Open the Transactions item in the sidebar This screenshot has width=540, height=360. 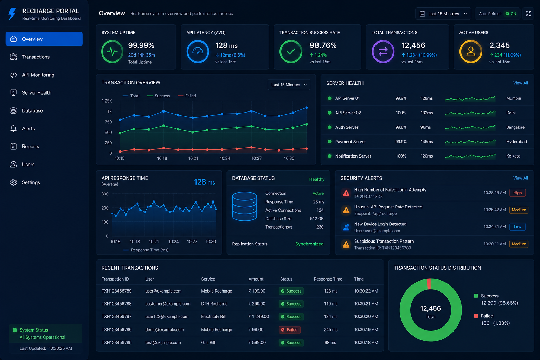[x=36, y=57]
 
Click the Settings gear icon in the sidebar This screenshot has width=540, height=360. [x=13, y=182]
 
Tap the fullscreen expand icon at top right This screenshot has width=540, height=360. [x=528, y=14]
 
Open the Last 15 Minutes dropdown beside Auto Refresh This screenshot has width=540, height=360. [x=443, y=14]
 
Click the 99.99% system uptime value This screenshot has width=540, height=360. [x=141, y=45]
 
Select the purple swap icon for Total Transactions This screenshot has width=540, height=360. [x=383, y=52]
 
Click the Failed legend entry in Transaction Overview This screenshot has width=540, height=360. [x=187, y=96]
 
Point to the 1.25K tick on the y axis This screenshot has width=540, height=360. [x=107, y=101]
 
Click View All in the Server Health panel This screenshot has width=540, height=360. [x=520, y=83]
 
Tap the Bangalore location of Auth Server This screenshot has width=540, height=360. [x=515, y=127]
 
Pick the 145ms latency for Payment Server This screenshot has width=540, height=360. [x=426, y=142]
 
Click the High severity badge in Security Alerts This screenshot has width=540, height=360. [x=517, y=193]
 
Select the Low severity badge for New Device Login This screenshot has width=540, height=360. [x=517, y=227]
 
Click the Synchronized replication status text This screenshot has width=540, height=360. [x=309, y=244]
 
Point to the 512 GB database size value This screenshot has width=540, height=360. [x=317, y=219]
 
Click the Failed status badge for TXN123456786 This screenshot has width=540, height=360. [x=289, y=330]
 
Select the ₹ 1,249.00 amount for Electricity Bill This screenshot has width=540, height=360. [x=259, y=317]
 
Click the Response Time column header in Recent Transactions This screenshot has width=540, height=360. [x=328, y=279]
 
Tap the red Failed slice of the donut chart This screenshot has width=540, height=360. [x=429, y=284]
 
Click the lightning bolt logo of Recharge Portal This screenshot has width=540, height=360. [x=12, y=14]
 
